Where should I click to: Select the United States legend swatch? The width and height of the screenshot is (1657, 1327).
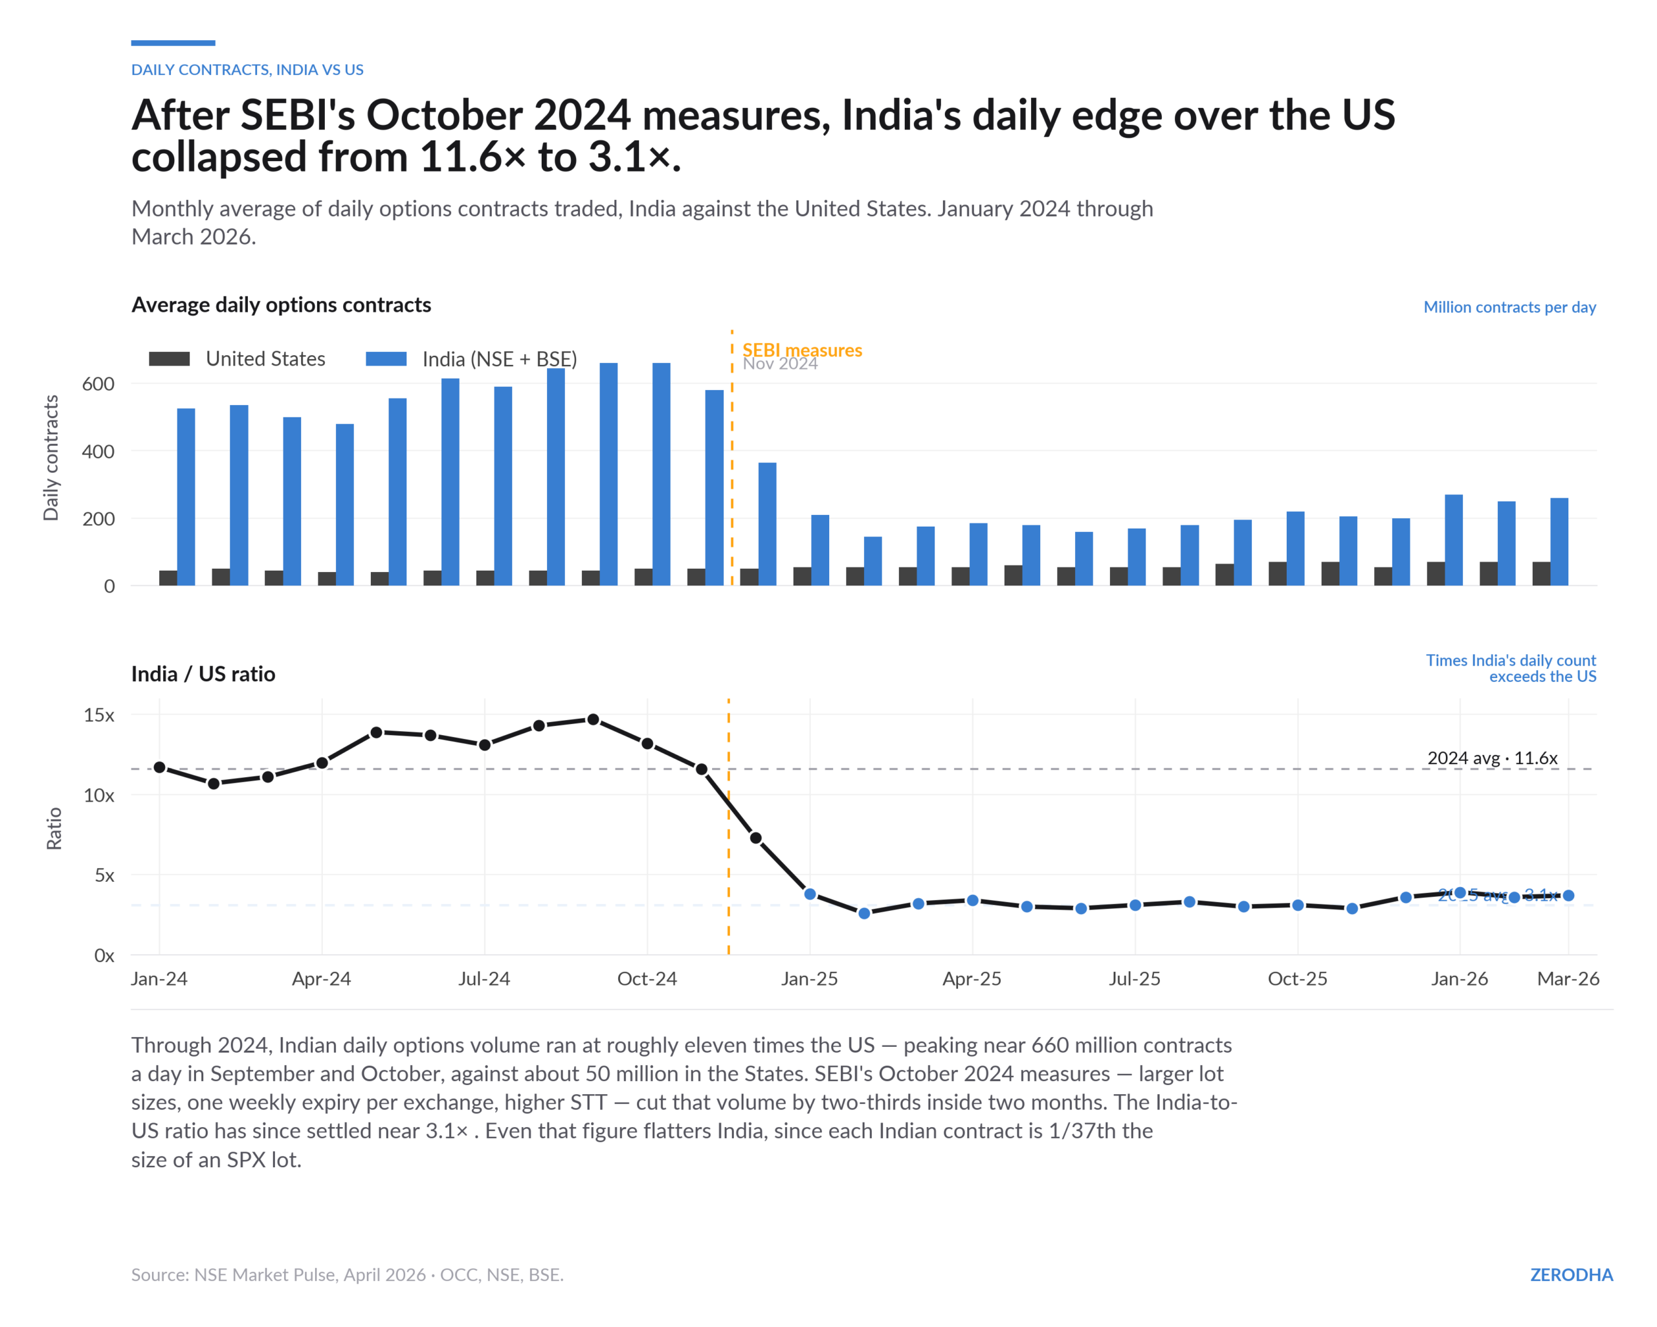point(169,359)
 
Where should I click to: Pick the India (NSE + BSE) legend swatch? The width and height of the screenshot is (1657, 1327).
point(386,359)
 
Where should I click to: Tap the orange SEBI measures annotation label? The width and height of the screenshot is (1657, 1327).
point(801,351)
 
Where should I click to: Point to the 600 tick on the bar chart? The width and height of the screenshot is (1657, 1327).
point(98,384)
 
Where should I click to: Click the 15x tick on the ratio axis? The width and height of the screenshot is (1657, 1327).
point(98,716)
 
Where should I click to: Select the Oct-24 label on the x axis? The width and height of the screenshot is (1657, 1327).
point(647,979)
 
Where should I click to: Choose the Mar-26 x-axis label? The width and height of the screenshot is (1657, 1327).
point(1567,979)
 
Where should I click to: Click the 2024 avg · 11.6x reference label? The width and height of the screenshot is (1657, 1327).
point(1492,758)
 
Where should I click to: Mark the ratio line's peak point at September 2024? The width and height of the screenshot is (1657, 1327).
point(594,720)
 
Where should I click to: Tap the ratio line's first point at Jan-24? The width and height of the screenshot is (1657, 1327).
point(160,767)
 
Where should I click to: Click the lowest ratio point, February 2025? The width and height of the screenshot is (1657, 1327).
point(864,914)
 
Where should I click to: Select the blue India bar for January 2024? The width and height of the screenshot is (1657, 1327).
point(186,497)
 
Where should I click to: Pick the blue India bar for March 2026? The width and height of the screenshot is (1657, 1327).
point(1559,542)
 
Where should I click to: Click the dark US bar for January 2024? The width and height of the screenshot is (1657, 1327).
point(168,578)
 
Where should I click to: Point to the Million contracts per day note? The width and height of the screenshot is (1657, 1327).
point(1509,307)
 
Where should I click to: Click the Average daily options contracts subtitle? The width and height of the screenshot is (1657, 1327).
point(282,305)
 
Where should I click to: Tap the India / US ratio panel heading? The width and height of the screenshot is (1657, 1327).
point(203,674)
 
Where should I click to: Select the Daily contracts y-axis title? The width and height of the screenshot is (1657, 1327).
point(50,458)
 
